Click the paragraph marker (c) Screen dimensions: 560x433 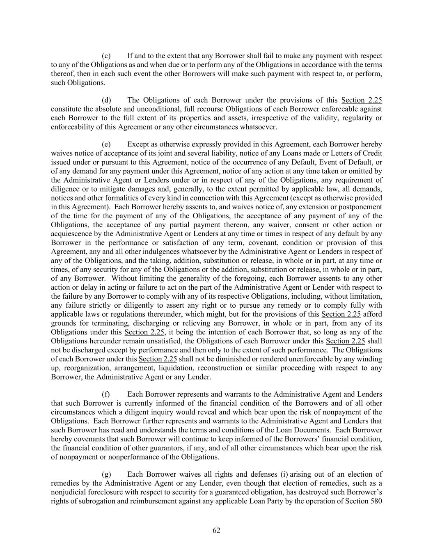106,56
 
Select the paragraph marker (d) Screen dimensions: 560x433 106,100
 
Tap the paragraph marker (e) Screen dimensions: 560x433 106,144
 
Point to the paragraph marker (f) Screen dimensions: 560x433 105,394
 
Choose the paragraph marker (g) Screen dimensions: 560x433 106,474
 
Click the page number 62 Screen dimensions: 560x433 216,530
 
